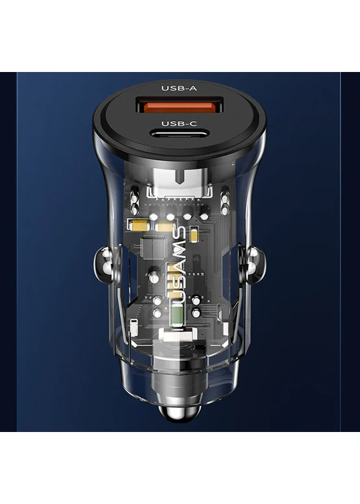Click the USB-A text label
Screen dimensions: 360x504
click(179, 88)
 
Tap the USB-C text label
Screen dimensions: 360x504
click(179, 124)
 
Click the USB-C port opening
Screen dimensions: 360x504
click(179, 134)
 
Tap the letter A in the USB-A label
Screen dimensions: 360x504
click(193, 88)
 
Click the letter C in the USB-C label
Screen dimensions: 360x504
click(193, 124)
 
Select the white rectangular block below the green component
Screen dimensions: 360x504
click(179, 336)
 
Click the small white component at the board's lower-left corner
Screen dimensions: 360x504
click(134, 328)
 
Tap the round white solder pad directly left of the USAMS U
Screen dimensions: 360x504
click(158, 301)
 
